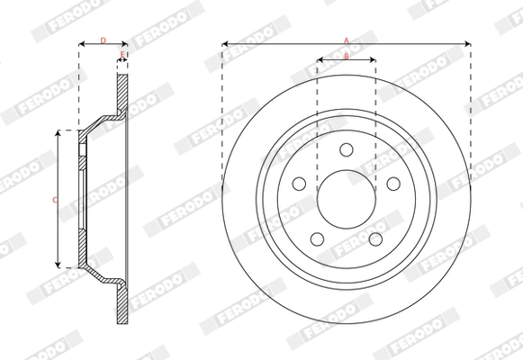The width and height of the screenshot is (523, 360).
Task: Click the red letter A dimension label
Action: point(346,39)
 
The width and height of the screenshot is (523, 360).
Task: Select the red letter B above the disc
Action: point(347,57)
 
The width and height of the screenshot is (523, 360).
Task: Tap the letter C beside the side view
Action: point(54,200)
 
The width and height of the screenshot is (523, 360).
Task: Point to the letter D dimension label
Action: point(102,40)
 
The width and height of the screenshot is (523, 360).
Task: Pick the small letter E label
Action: point(122,57)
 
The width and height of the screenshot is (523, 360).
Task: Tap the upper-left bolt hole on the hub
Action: point(300,183)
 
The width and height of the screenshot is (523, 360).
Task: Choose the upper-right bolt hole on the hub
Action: point(392,183)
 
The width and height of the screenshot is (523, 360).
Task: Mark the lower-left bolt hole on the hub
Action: point(317,238)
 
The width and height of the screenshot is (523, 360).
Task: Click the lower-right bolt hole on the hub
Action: point(374,238)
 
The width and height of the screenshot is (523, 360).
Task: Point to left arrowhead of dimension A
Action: point(225,42)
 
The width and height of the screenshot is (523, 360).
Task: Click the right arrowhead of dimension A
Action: point(467,42)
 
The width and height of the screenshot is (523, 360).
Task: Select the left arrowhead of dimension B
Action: point(320,61)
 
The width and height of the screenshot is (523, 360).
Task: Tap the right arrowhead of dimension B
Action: point(373,61)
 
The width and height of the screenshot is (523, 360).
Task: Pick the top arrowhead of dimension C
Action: point(59,133)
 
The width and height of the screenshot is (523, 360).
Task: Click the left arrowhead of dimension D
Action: point(82,42)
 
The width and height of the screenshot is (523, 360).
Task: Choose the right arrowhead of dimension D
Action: point(123,42)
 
